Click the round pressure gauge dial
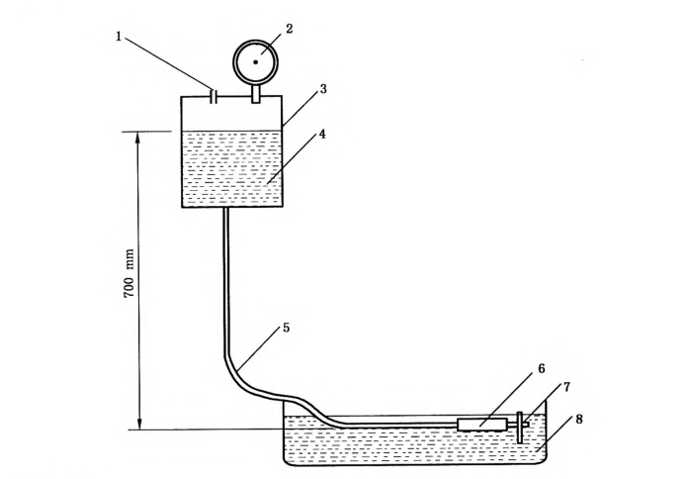point(255,61)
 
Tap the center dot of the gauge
point(255,61)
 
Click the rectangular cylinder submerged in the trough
point(482,425)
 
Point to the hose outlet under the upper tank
point(226,213)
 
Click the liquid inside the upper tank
point(233,168)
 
